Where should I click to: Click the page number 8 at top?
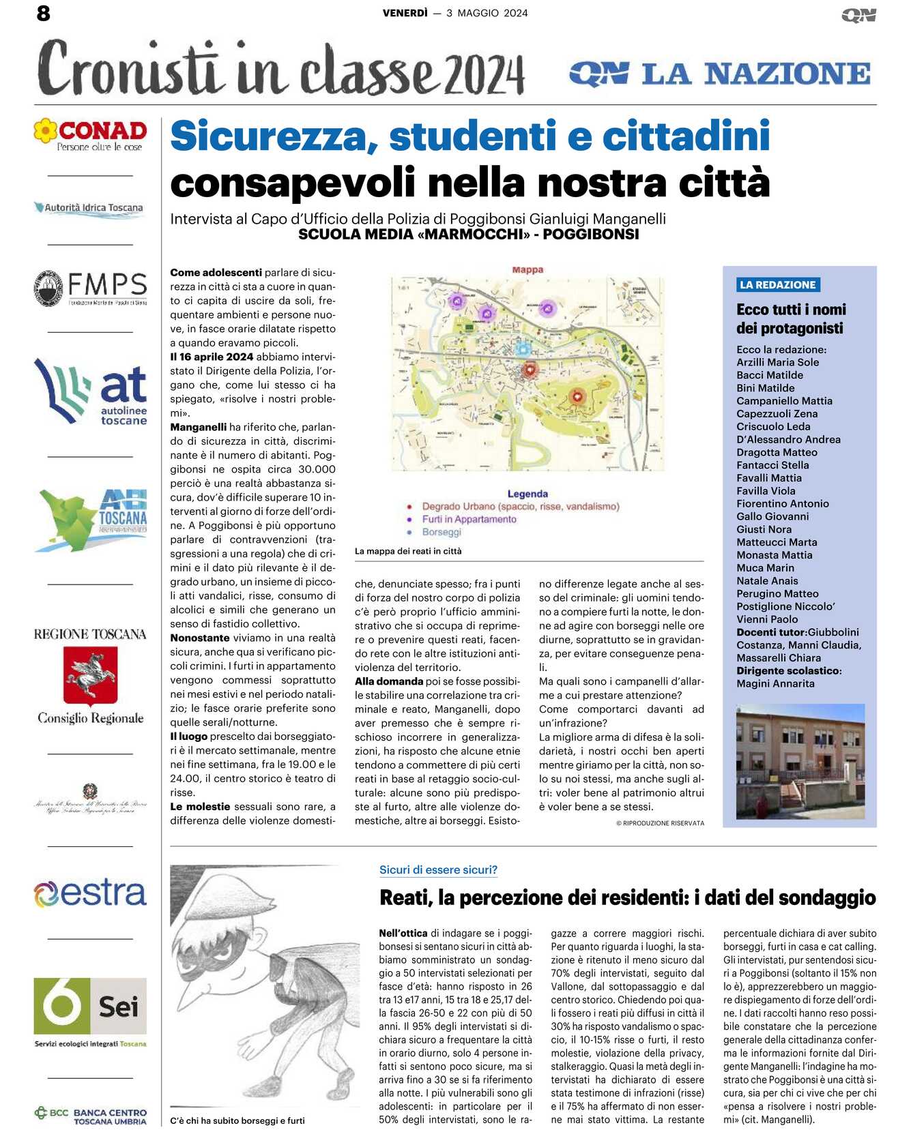tap(44, 13)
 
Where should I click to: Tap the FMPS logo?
tap(91, 288)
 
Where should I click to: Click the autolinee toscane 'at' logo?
tap(91, 392)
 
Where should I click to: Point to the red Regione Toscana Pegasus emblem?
tap(91, 675)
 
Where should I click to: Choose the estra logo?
tap(91, 893)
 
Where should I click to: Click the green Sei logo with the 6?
tap(90, 1007)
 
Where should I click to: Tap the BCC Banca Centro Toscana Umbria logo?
tap(91, 1116)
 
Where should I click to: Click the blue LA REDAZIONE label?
tap(778, 285)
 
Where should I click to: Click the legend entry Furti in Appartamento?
tap(469, 520)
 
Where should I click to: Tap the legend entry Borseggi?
tap(442, 533)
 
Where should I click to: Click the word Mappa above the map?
tap(527, 270)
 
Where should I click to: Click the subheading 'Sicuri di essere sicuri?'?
tap(438, 870)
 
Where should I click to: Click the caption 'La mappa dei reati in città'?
tap(408, 551)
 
